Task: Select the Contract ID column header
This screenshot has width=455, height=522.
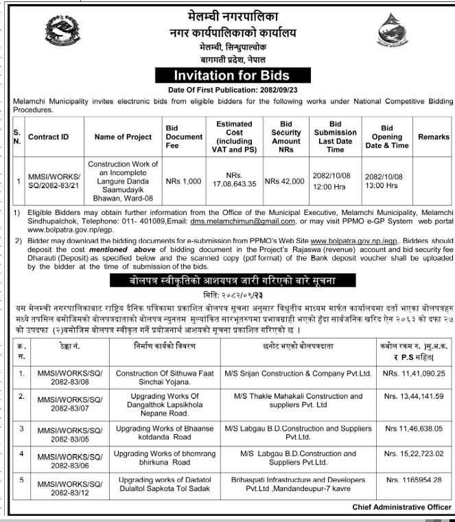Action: pyautogui.click(x=49, y=137)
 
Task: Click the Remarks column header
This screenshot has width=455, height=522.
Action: pyautogui.click(x=433, y=137)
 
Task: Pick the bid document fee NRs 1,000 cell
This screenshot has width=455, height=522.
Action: pyautogui.click(x=183, y=181)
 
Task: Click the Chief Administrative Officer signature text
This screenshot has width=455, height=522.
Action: pyautogui.click(x=401, y=507)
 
